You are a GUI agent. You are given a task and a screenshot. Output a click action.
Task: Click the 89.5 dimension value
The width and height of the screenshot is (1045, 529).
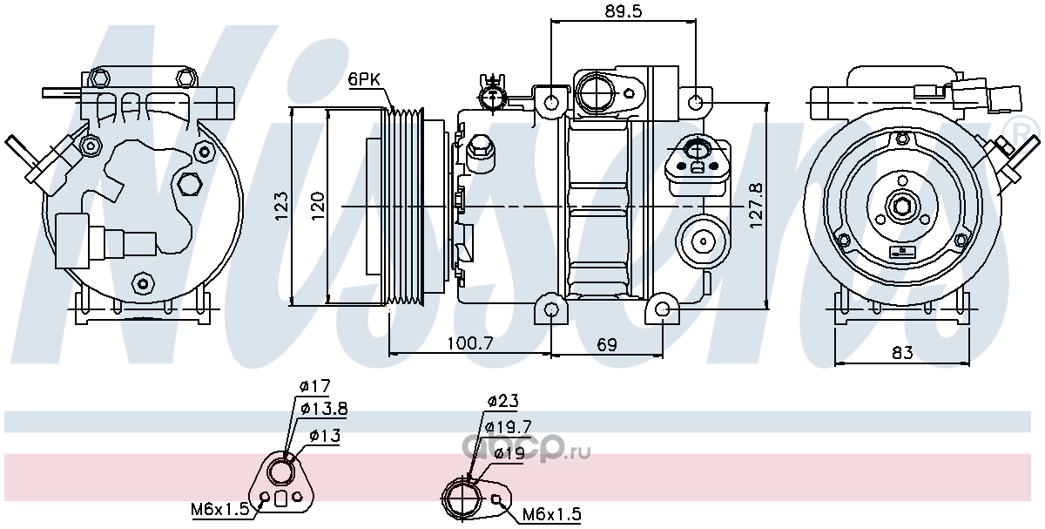pos(624,10)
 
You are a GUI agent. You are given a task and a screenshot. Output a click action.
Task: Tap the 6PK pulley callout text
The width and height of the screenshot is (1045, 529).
pos(364,79)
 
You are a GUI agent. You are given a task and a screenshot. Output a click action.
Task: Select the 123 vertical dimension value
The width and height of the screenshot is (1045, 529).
pos(281,206)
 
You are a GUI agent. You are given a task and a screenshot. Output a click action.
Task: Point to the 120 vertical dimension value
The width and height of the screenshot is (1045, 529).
pos(318,206)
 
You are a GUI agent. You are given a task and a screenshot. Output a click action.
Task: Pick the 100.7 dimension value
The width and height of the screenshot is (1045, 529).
pos(469,343)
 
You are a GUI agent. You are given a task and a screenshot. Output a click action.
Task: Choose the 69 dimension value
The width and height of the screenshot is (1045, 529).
pos(607,344)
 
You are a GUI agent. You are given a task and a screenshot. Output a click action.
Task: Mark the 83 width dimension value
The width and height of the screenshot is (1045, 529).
pos(902,352)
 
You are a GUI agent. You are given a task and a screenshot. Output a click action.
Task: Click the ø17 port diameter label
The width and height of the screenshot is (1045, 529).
pos(315,386)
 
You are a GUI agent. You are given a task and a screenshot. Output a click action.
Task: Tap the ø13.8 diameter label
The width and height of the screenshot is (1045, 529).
pos(324,409)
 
